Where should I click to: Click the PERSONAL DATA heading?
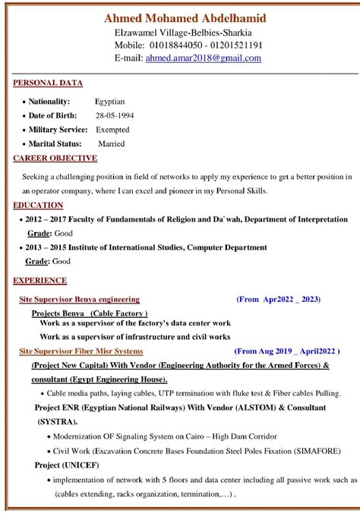tap(48, 83)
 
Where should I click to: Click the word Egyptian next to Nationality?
tap(110, 101)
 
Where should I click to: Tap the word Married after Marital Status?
tap(112, 143)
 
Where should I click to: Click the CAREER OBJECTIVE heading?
tap(55, 158)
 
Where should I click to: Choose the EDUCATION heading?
tap(38, 205)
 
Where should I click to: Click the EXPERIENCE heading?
tap(40, 281)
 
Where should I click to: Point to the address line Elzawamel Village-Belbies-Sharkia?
tap(183, 33)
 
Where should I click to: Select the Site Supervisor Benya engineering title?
tap(80, 300)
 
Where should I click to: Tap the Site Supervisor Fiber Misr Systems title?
tap(81, 351)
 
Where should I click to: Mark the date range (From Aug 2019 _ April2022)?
tap(285, 351)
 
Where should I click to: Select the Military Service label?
tap(58, 130)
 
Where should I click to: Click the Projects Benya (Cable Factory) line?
tap(90, 313)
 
